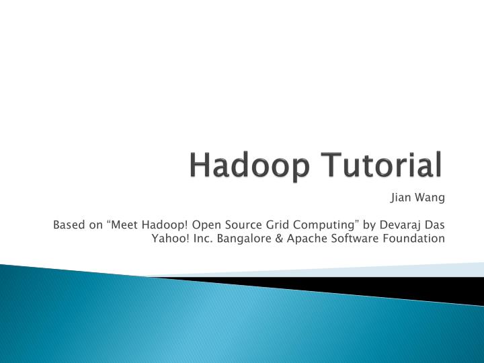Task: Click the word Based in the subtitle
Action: tap(69, 224)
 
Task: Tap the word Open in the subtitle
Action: tap(206, 224)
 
